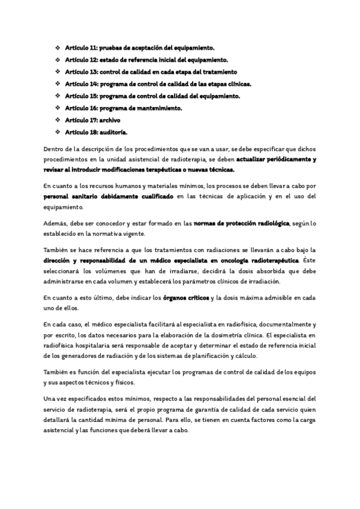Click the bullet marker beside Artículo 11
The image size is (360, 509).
[x=58, y=47]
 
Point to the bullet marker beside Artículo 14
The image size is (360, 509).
[x=58, y=83]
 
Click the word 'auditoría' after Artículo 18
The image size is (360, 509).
[x=115, y=131]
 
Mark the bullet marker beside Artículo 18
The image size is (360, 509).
[x=58, y=131]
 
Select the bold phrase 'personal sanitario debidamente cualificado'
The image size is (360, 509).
[x=109, y=196]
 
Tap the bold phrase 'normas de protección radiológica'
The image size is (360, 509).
[x=242, y=223]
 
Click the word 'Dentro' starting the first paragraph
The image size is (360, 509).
[x=53, y=149]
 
